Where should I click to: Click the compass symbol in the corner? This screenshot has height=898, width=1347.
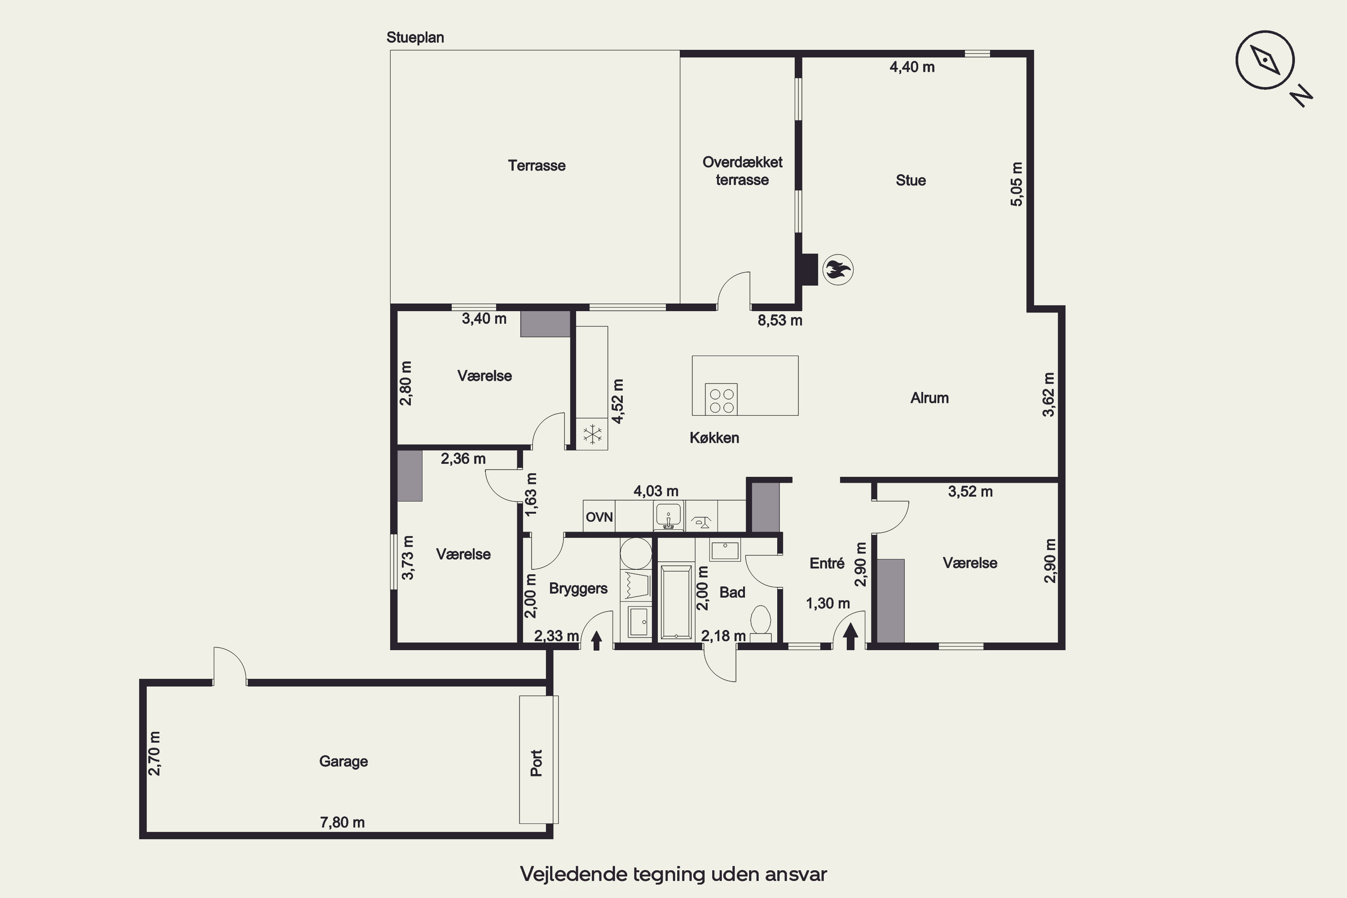1265,60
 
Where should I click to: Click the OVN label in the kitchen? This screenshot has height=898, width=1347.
599,517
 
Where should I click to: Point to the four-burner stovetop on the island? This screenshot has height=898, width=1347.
722,399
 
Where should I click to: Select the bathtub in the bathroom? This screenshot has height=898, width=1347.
676,602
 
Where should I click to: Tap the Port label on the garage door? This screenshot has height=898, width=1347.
536,763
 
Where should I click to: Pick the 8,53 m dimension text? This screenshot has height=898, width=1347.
780,321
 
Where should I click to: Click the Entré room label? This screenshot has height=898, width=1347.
827,563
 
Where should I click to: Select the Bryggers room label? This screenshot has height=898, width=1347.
578,589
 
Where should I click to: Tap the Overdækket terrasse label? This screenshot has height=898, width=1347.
742,171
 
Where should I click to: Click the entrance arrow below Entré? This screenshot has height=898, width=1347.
850,636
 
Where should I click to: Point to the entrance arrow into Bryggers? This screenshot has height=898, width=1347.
596,641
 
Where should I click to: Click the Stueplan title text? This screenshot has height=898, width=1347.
415,38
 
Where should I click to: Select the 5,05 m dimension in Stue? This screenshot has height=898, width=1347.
1016,184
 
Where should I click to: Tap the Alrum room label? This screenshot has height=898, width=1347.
929,398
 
